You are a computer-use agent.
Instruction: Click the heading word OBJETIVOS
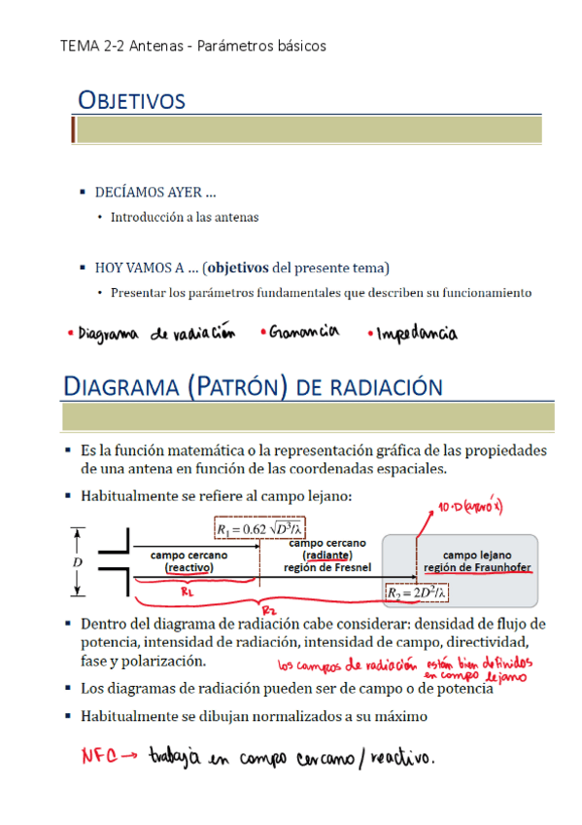131,100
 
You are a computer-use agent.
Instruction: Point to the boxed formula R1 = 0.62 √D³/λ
259,528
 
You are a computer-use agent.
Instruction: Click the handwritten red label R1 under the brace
188,590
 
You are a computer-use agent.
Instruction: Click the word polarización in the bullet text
166,662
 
